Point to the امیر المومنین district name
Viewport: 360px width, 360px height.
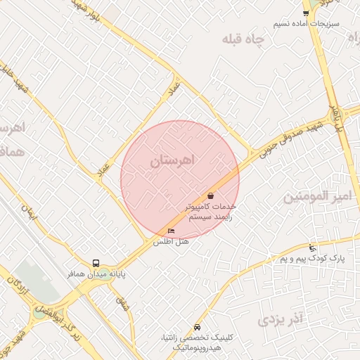(x=316, y=198)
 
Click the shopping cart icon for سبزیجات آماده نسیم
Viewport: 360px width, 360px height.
(x=306, y=13)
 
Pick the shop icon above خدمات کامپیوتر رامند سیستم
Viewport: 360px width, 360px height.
(x=210, y=195)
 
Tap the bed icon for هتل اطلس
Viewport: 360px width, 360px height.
(x=171, y=231)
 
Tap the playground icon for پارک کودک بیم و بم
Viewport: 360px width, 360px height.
(x=312, y=247)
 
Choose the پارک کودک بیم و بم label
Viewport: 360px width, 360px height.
(x=312, y=259)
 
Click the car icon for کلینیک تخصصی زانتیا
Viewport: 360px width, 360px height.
(x=197, y=328)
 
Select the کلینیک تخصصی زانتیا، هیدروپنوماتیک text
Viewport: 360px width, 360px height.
(x=191, y=343)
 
